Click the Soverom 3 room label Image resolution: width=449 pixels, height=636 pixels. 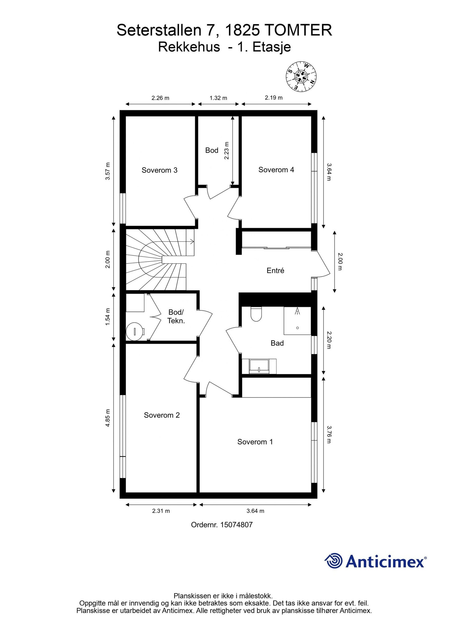click(159, 170)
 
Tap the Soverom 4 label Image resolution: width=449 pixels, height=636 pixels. click(276, 170)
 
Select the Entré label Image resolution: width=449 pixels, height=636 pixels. click(275, 271)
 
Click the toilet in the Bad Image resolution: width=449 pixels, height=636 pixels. click(256, 314)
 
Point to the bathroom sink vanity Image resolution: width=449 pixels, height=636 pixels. click(259, 367)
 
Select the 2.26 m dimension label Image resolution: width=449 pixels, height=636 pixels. click(160, 98)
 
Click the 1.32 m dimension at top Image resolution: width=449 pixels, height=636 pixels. click(218, 98)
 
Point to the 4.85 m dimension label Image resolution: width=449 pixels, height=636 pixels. click(107, 418)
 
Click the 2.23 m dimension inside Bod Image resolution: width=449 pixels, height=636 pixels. click(227, 151)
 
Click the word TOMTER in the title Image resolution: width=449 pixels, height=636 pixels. click(298, 30)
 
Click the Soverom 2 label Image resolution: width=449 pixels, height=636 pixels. click(162, 415)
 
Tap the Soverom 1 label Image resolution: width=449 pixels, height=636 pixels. click(255, 442)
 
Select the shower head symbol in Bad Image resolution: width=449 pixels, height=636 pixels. click(297, 311)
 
